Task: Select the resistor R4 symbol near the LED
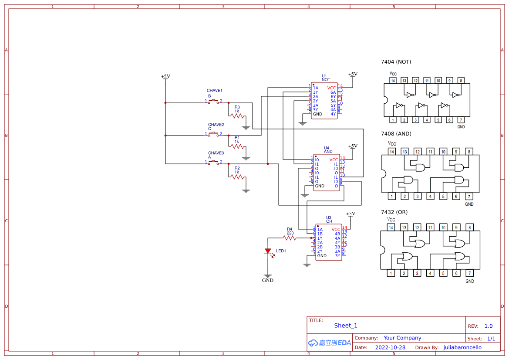click(290, 238)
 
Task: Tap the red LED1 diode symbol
click(268, 251)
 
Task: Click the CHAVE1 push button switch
click(214, 101)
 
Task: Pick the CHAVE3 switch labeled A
click(214, 162)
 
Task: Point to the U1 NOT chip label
click(325, 78)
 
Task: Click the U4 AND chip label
click(327, 149)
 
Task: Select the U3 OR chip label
click(329, 219)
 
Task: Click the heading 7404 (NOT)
click(396, 62)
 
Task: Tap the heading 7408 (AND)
click(396, 134)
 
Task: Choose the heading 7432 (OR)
click(394, 212)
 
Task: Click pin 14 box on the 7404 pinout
click(393, 81)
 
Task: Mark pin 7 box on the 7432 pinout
click(469, 273)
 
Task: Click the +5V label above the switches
click(165, 77)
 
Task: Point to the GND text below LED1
click(267, 280)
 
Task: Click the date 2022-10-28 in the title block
click(390, 347)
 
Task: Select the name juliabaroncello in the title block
click(462, 347)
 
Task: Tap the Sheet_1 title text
click(346, 326)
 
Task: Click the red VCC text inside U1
click(331, 88)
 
